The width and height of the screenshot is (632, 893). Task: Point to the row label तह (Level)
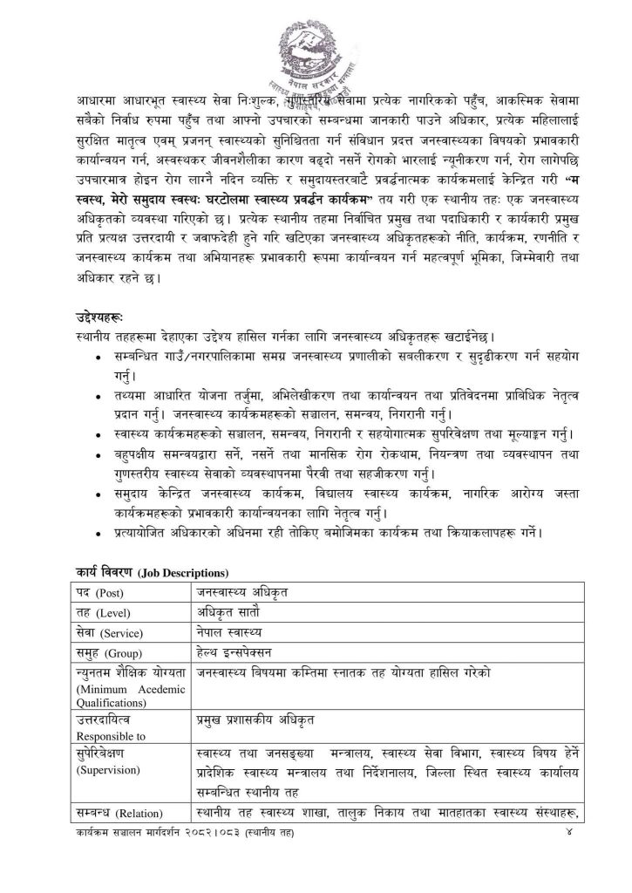pyautogui.click(x=104, y=612)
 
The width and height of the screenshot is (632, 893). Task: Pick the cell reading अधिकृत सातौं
pyautogui.click(x=228, y=612)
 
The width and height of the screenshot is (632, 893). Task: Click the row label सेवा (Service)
pyautogui.click(x=108, y=632)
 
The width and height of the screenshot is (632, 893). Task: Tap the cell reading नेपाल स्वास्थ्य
pyautogui.click(x=228, y=632)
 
